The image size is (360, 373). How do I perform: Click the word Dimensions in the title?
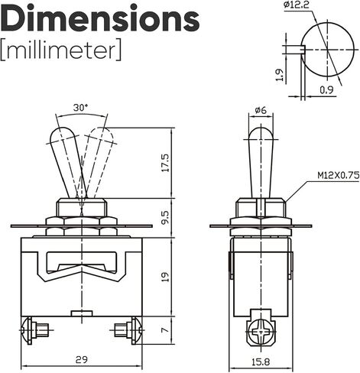click(x=100, y=17)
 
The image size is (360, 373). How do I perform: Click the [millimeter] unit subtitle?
click(x=61, y=50)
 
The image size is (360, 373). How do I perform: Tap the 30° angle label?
click(x=80, y=108)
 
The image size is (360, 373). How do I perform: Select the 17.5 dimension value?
click(x=165, y=163)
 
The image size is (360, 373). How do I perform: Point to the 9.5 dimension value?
click(x=165, y=217)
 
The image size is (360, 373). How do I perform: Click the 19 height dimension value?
click(x=165, y=277)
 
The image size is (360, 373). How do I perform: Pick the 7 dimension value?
click(x=165, y=330)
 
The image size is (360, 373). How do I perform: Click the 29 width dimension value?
click(x=82, y=360)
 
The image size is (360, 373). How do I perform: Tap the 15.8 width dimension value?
click(x=261, y=362)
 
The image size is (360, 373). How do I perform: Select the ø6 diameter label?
click(x=261, y=110)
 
